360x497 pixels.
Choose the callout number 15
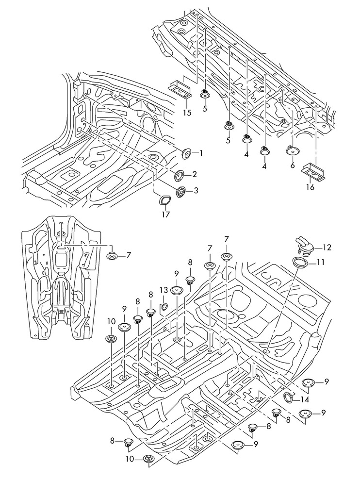point(187,113)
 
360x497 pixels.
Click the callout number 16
point(311,187)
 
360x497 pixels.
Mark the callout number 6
point(293,165)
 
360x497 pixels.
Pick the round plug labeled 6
point(292,151)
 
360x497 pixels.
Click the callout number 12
point(327,248)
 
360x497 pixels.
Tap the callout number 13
point(164,290)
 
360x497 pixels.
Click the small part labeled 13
point(164,306)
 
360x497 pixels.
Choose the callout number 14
point(305,400)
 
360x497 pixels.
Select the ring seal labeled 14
point(288,398)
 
